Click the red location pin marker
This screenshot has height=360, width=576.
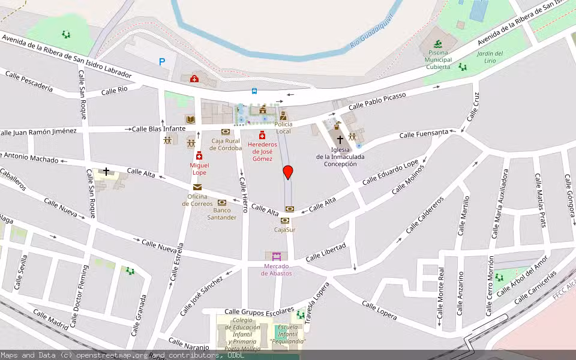(x=288, y=172)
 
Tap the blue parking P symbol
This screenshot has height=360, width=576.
(x=162, y=61)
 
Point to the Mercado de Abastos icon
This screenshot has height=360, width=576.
(x=276, y=256)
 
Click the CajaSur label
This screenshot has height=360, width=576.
(x=284, y=229)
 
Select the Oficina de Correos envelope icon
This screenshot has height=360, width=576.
(x=197, y=187)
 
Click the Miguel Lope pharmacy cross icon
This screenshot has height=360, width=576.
(x=199, y=157)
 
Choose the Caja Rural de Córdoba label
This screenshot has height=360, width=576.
(x=226, y=145)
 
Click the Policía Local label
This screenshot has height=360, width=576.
(x=283, y=128)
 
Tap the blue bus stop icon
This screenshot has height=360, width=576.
(x=254, y=91)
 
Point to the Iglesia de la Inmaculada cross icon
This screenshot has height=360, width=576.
(x=340, y=139)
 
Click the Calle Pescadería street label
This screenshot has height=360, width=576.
(x=29, y=83)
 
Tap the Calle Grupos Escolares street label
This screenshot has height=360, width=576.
(x=259, y=311)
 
